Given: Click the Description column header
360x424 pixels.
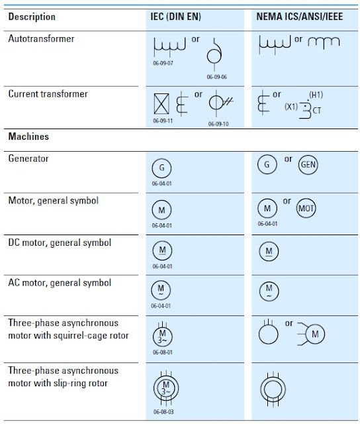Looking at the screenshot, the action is pos(32,17).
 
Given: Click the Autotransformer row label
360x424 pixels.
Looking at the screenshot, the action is pos(41,39).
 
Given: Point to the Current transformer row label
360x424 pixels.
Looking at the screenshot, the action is pos(48,94).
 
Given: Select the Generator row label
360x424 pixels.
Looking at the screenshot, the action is pos(28,159).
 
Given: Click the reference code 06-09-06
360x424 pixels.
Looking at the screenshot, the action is pos(216,77).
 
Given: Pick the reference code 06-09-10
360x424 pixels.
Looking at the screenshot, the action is pos(218,123).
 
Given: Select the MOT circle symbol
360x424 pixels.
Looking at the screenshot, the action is pos(306,208).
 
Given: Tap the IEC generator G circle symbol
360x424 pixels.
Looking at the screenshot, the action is pos(161,167).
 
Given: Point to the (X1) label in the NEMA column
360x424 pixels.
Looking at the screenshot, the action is pos(291,107).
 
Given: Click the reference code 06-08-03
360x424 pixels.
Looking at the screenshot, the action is pos(161,412).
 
